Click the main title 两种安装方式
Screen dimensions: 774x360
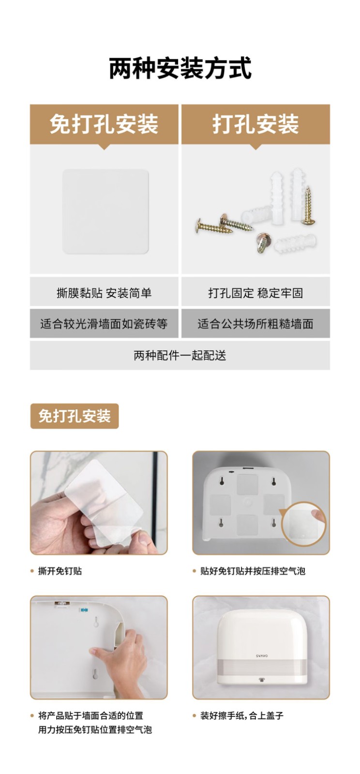pyautogui.click(x=180, y=68)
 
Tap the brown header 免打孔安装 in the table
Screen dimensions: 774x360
pyautogui.click(x=104, y=124)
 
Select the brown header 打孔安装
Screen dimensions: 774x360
pyautogui.click(x=255, y=124)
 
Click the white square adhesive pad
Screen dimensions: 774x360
pyautogui.click(x=105, y=211)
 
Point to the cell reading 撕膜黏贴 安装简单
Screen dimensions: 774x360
pyautogui.click(x=104, y=293)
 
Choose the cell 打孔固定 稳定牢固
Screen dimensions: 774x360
pyautogui.click(x=255, y=293)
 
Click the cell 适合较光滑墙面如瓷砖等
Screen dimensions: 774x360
pyautogui.click(x=104, y=324)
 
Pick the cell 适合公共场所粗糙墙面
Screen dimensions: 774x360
pyautogui.click(x=255, y=324)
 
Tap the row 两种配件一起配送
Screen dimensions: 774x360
pyautogui.click(x=180, y=356)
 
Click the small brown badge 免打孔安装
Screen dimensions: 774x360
pyautogui.click(x=75, y=416)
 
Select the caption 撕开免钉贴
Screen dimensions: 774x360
pyautogui.click(x=60, y=571)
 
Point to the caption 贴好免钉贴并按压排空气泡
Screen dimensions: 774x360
pyautogui.click(x=253, y=571)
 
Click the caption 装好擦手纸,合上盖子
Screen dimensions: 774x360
pyautogui.click(x=242, y=715)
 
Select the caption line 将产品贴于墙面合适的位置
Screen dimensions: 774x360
pyautogui.click(x=90, y=715)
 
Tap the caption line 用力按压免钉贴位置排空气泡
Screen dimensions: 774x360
pyautogui.click(x=95, y=729)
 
